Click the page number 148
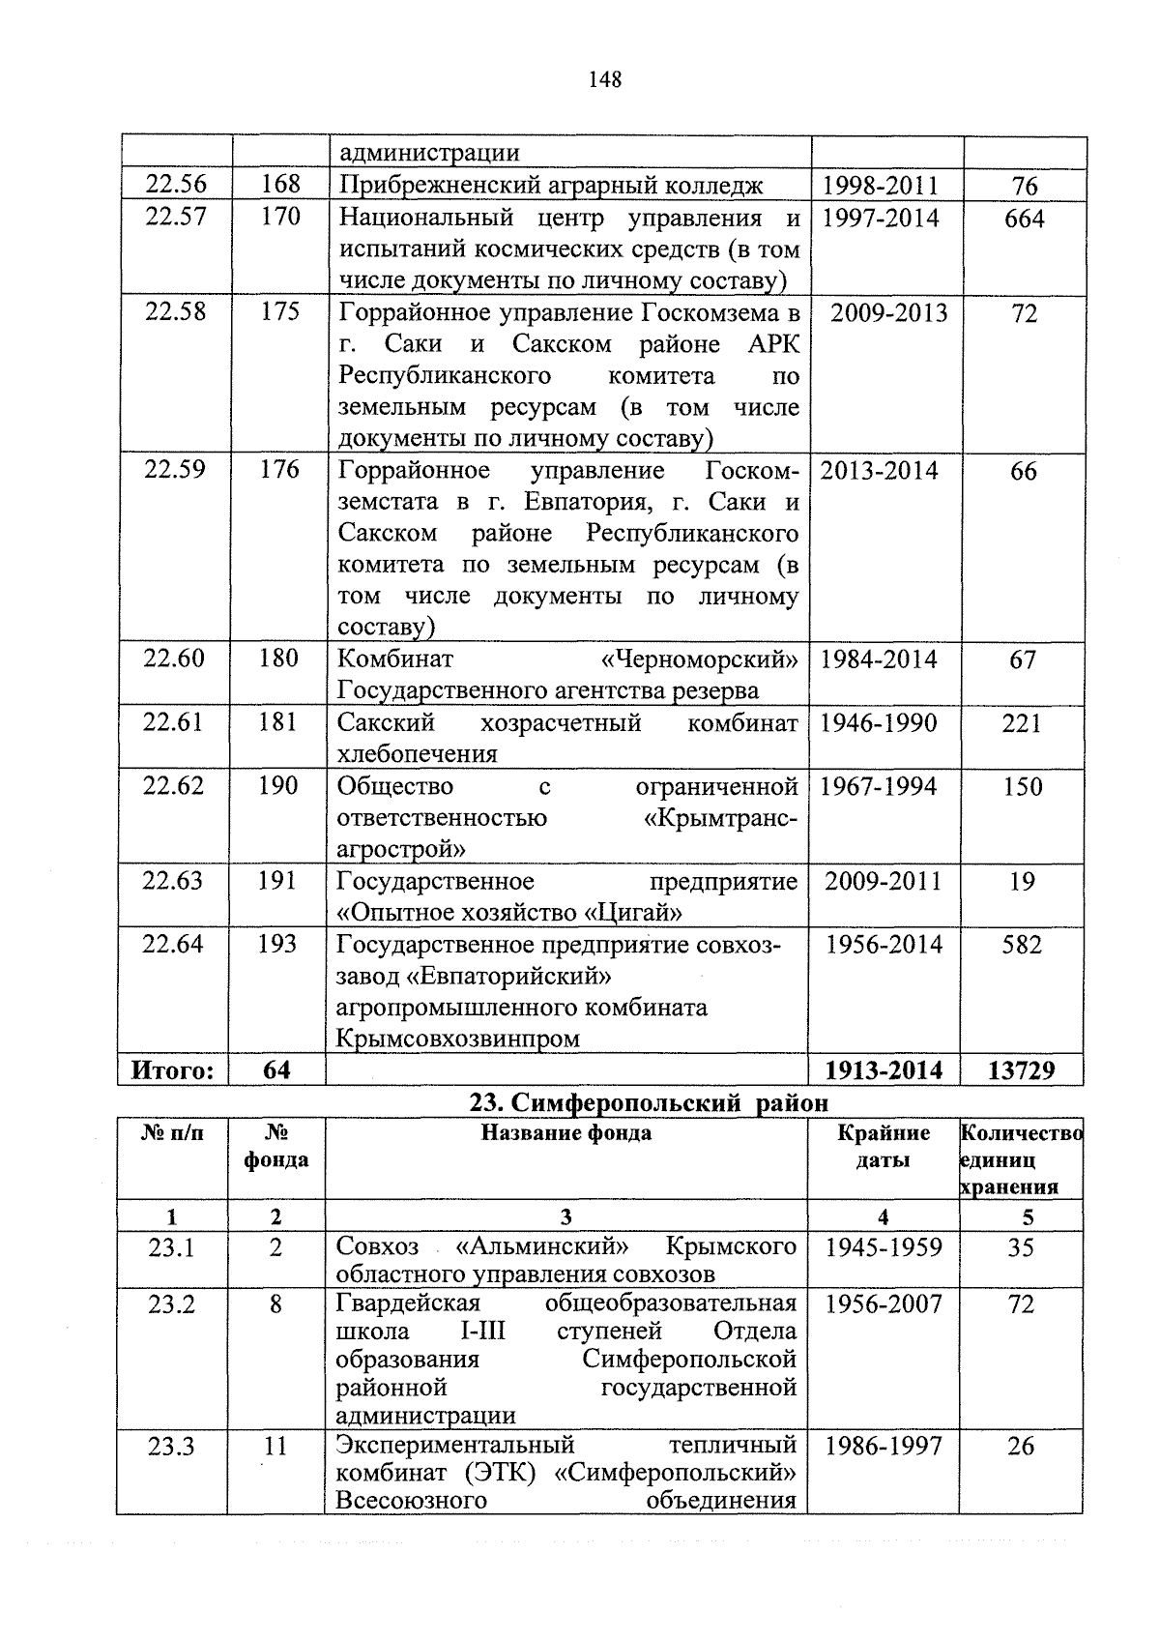coord(604,80)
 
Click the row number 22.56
coord(175,185)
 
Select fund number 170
coord(280,217)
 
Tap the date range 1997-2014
coord(880,219)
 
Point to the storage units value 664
coord(1024,220)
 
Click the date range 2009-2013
coord(888,313)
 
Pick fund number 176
coord(279,470)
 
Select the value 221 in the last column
coord(1022,723)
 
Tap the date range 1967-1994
coord(879,786)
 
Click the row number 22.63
coord(173,881)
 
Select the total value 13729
coord(1022,1070)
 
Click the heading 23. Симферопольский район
coord(649,1102)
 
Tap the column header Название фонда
coord(566,1132)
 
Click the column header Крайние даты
coord(884,1146)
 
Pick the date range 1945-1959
coord(884,1247)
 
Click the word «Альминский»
coord(547,1247)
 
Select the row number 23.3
coord(172,1447)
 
